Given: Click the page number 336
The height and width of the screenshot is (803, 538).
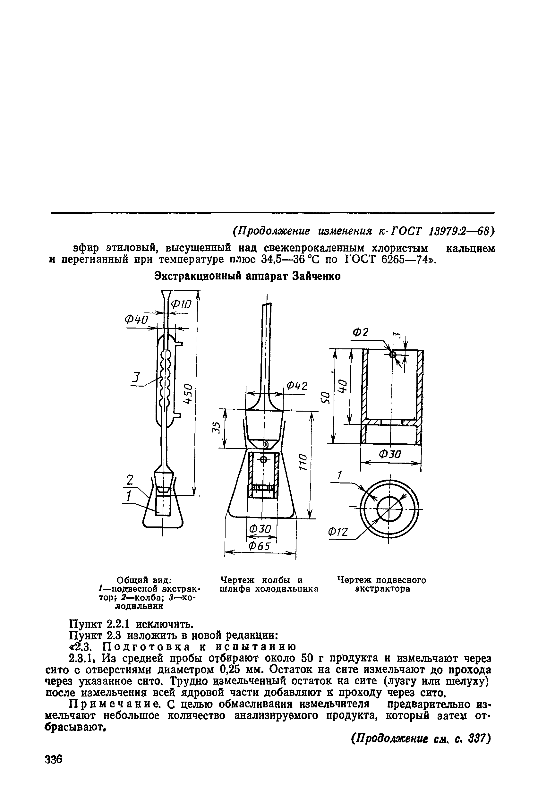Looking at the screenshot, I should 54,759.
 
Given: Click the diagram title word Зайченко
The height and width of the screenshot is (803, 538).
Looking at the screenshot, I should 316,276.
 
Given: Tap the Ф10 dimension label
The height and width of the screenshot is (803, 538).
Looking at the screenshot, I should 181,304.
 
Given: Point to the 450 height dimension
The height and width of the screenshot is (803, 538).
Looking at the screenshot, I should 188,393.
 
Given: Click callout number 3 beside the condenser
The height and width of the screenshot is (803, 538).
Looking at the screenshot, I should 136,378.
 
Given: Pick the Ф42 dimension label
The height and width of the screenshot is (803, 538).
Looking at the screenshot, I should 297,386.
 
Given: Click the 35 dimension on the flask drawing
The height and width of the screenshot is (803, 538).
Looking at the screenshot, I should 215,428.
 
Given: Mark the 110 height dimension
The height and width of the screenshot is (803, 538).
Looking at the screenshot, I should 302,462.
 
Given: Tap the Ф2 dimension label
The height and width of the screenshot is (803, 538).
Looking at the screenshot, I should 361,332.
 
